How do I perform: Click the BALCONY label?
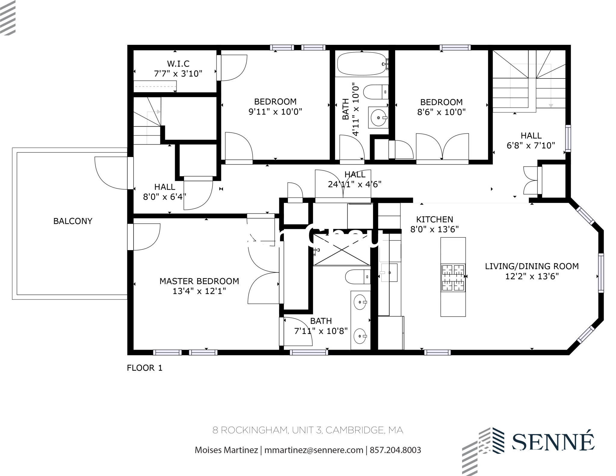pos(72,221)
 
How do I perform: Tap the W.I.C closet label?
pos(178,64)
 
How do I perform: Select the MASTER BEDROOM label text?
pos(199,281)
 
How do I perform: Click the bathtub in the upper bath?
pos(361,64)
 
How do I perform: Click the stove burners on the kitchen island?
pos(453,278)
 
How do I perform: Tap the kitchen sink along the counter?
pos(389,272)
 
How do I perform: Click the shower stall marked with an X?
pos(341,250)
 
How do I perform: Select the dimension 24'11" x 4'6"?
pos(355,184)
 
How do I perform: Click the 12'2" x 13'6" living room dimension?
pos(531,276)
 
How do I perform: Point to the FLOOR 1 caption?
pos(145,368)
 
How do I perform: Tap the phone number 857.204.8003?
pos(395,450)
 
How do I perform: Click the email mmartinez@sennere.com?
pos(314,450)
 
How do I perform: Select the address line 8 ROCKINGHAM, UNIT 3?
pos(308,430)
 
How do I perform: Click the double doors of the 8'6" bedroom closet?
pos(442,148)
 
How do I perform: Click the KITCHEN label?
pos(434,219)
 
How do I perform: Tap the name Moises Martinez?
pos(226,450)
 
